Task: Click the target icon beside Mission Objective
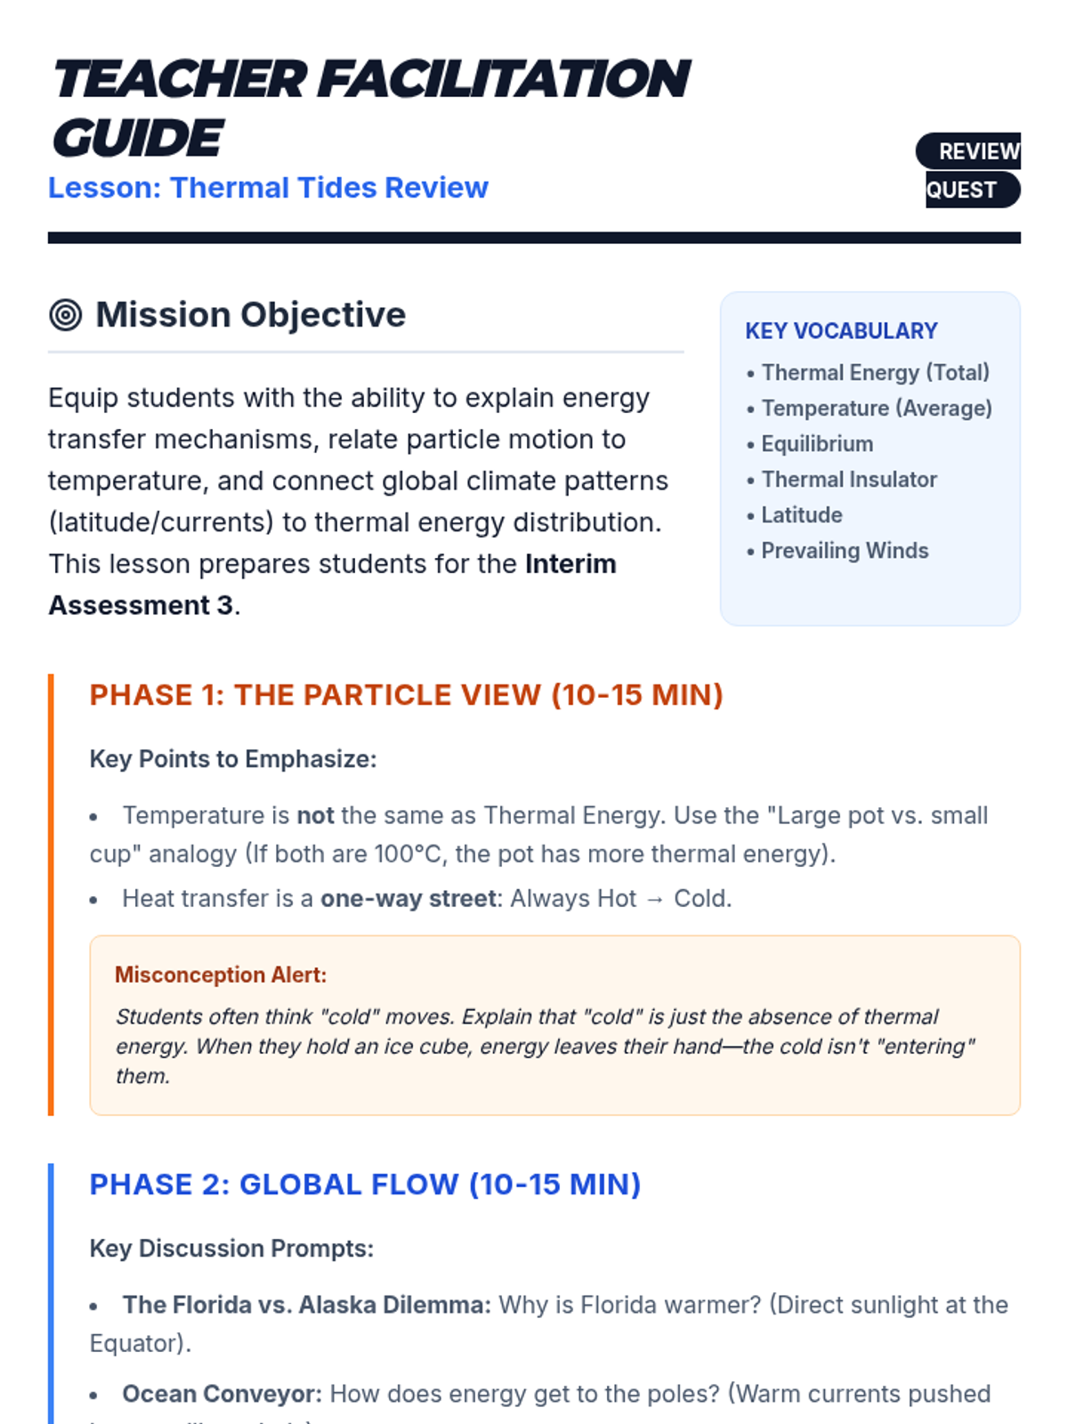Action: (66, 315)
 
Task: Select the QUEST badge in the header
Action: (967, 190)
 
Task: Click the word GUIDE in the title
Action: (137, 138)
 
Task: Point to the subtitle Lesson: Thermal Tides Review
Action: (268, 188)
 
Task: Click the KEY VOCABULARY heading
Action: (841, 331)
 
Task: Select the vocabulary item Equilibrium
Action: (816, 444)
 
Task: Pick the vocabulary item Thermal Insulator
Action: (848, 480)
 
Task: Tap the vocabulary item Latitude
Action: (801, 515)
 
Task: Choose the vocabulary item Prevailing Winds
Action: (844, 551)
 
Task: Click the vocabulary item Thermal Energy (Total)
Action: (875, 373)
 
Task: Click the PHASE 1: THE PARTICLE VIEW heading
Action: (406, 695)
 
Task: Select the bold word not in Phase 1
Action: (315, 815)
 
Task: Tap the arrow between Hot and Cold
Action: (655, 899)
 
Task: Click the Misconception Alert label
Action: (221, 975)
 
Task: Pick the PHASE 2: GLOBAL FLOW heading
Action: (365, 1185)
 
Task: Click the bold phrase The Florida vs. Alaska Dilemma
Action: (306, 1305)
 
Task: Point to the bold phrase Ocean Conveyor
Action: (222, 1394)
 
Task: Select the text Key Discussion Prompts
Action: (231, 1249)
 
